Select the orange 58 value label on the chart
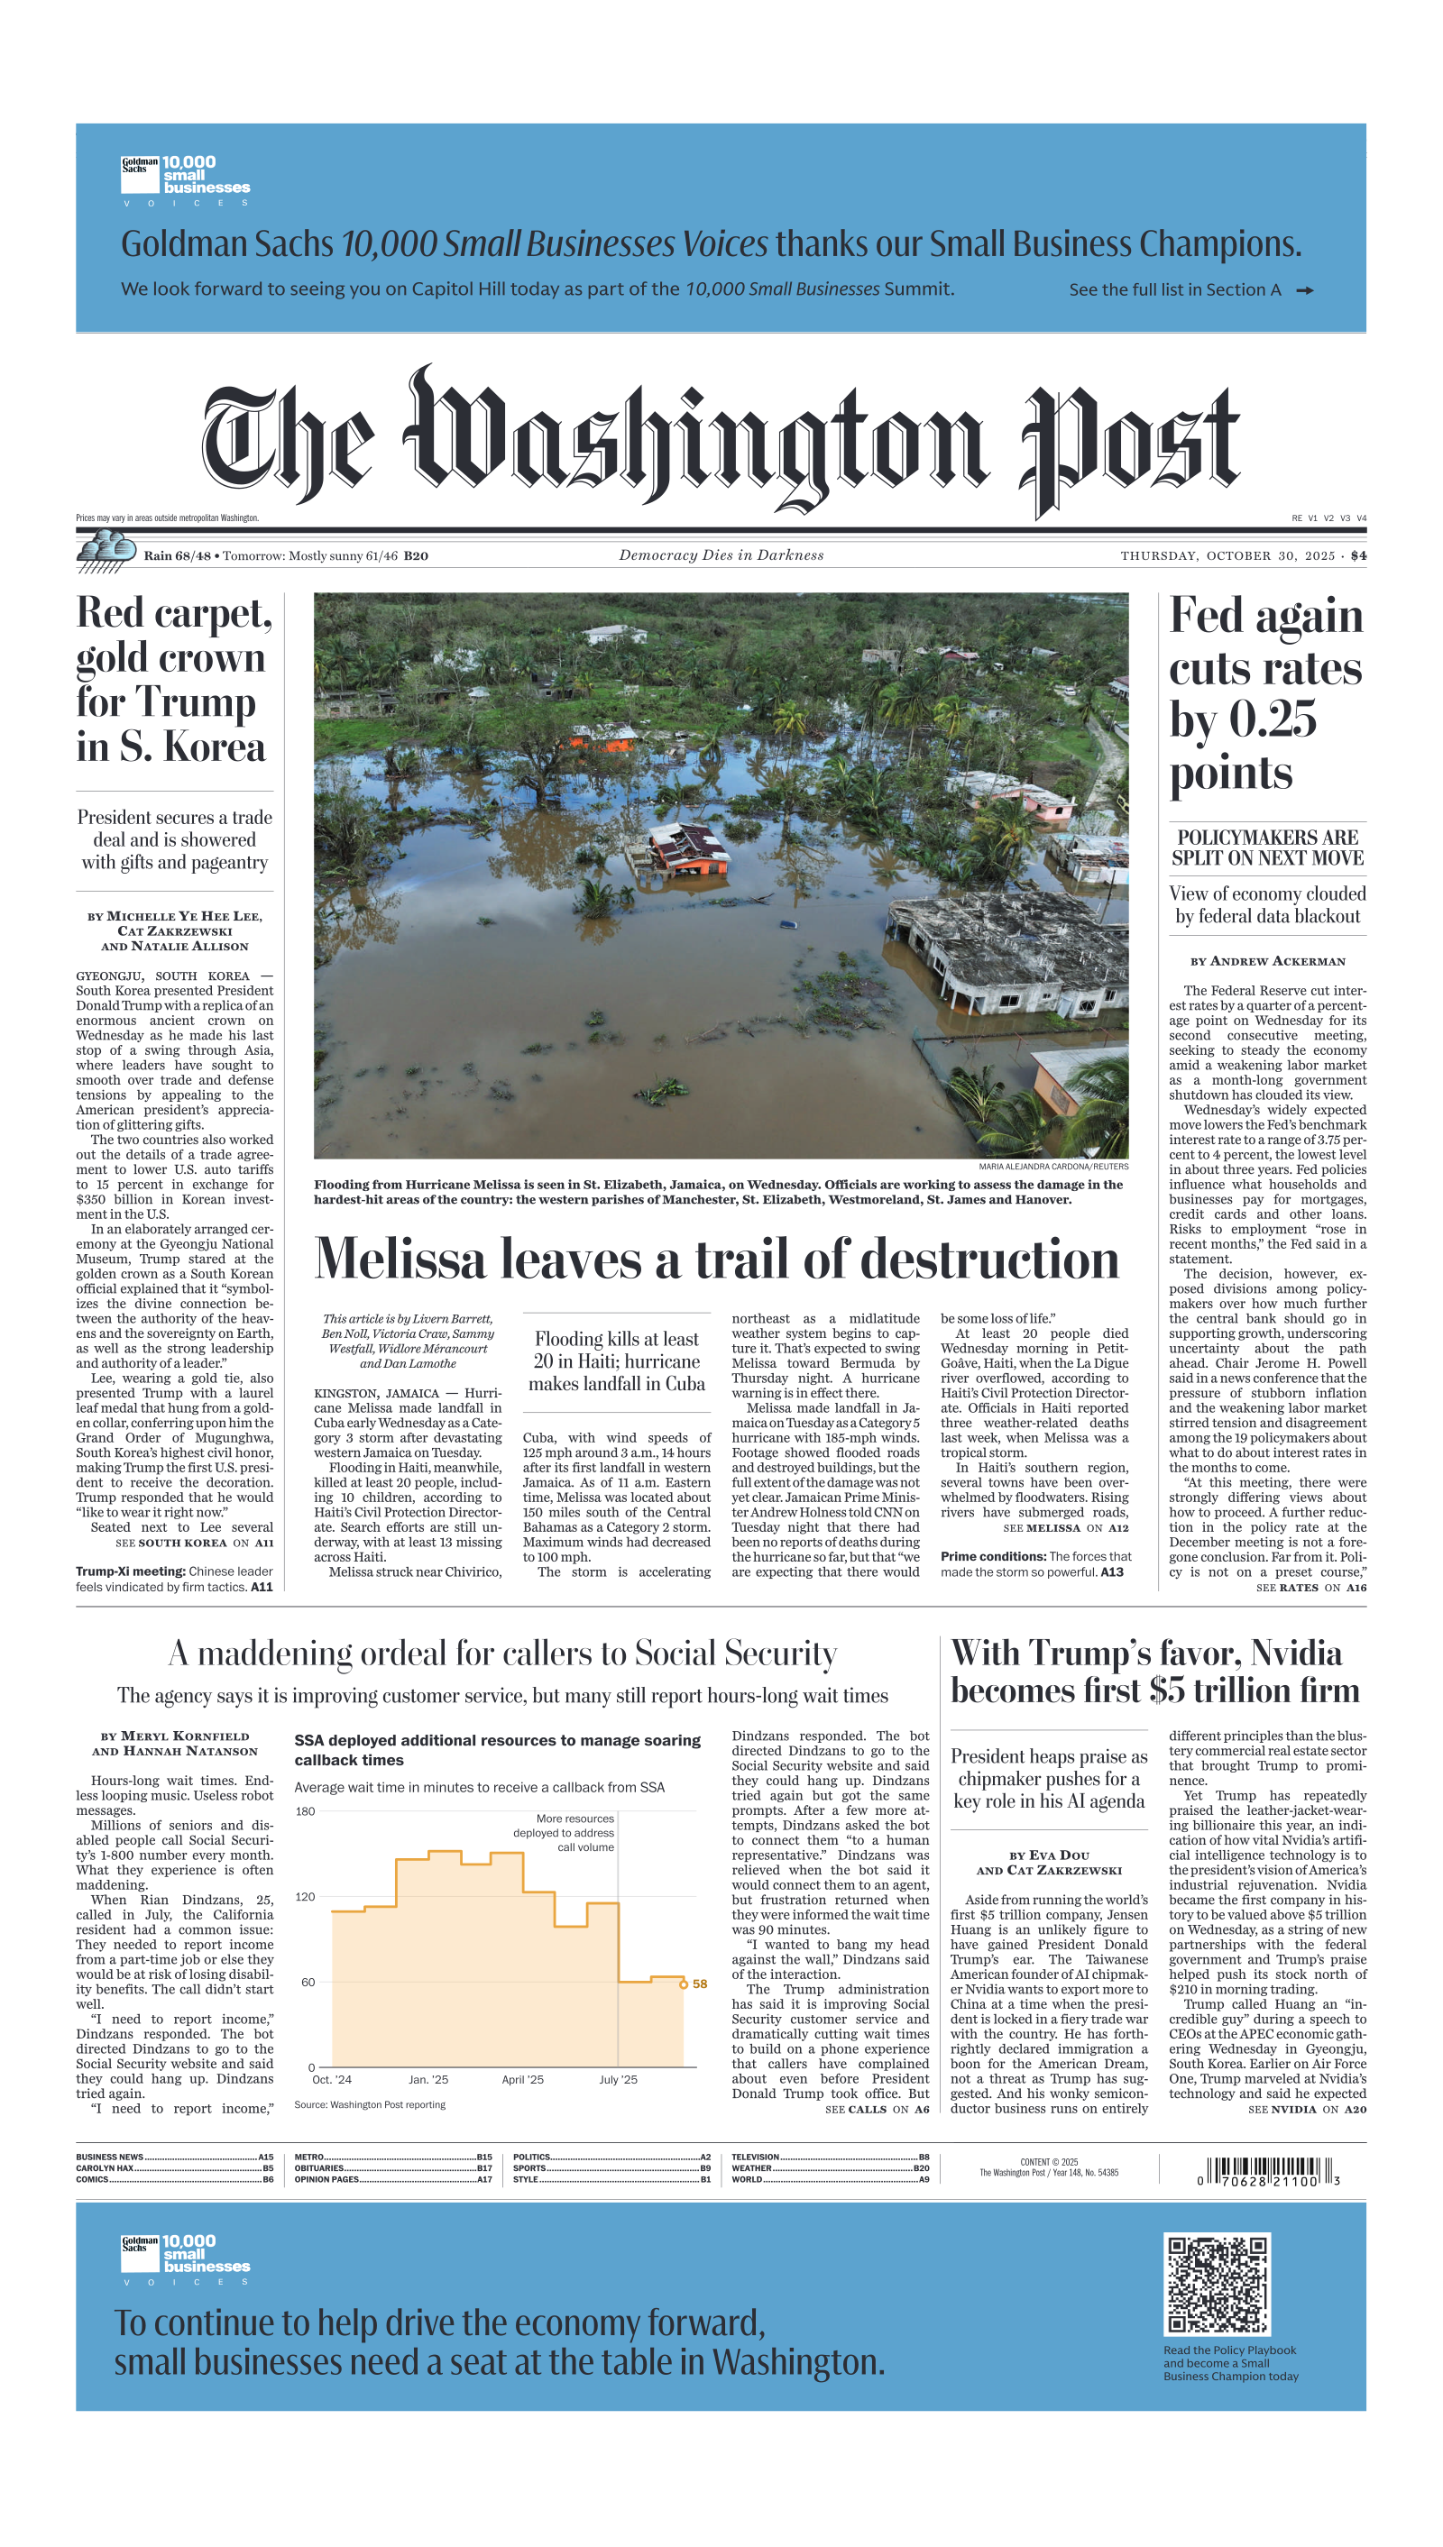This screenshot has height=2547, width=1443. coord(700,1984)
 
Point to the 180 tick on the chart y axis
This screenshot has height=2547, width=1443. coord(305,1812)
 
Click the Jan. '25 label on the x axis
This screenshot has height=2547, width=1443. coord(428,2079)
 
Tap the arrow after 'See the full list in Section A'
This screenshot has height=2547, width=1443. coord(1304,290)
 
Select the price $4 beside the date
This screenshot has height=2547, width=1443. coord(1357,555)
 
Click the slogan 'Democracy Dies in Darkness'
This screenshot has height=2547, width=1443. coord(721,555)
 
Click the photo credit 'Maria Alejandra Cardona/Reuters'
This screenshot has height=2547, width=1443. coord(1052,1166)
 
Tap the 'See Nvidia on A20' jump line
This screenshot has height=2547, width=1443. coord(1306,2109)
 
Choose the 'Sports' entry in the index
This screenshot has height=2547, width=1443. coord(530,2167)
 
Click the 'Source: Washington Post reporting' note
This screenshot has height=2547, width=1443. coord(370,2104)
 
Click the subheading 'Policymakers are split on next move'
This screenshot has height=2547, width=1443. coord(1267,848)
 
